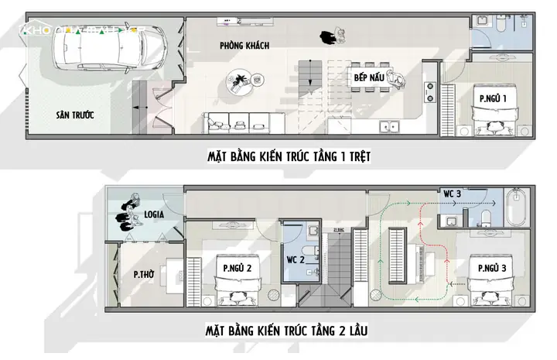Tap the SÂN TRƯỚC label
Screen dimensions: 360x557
(x=74, y=115)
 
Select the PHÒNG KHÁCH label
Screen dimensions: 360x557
(x=244, y=46)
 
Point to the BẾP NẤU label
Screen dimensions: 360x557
(x=370, y=78)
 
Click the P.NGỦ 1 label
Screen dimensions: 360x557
(x=493, y=99)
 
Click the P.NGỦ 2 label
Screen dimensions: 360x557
(x=237, y=268)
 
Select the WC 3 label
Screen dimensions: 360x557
(x=453, y=192)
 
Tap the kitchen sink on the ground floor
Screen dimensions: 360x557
(x=387, y=125)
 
